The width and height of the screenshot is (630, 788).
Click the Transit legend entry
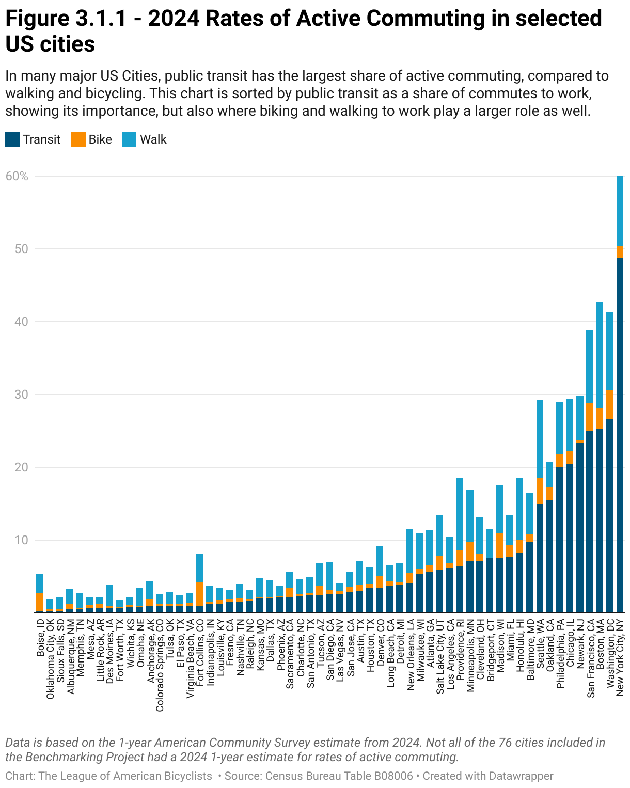coord(33,139)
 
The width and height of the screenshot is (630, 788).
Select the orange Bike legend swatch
coord(78,139)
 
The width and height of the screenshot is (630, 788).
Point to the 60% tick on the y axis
coord(17,176)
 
